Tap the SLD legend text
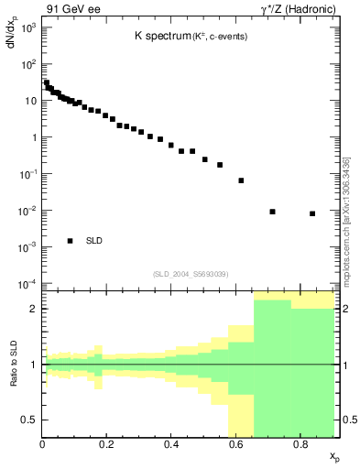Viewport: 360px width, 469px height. (x=94, y=241)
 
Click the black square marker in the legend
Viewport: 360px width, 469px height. (x=70, y=241)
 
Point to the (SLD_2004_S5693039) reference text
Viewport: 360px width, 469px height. (x=191, y=274)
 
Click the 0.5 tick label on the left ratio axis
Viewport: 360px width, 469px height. (x=29, y=420)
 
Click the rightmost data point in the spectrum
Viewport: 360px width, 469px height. (x=312, y=213)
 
